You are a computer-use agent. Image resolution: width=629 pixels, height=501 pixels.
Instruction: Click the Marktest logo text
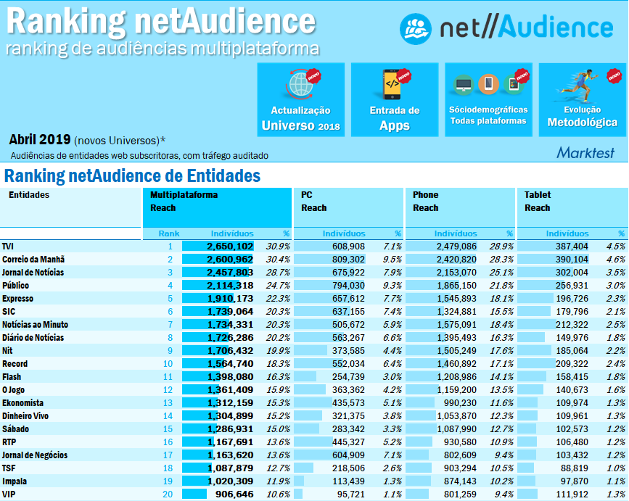[x=585, y=152]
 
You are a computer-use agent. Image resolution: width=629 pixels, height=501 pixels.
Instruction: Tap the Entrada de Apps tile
[x=395, y=99]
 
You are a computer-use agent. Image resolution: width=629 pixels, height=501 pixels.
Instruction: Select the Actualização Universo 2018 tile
[x=300, y=99]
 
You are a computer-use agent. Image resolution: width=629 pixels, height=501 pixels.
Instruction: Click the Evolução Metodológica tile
[x=582, y=99]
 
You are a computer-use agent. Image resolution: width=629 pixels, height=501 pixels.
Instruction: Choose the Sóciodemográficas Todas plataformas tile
[x=488, y=99]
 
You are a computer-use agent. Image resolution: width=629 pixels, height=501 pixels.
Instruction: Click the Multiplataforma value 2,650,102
[x=230, y=247]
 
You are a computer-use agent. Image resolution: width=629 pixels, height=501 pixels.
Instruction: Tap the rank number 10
[x=168, y=364]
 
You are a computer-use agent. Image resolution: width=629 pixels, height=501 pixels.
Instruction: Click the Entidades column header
[x=29, y=195]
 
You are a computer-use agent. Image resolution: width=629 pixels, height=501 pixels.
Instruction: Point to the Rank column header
[x=169, y=233]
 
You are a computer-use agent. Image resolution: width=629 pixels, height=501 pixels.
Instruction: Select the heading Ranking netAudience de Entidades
[x=132, y=176]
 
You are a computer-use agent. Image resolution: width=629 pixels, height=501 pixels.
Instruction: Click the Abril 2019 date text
[x=40, y=139]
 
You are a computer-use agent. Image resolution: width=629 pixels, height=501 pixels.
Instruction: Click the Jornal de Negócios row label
[x=35, y=455]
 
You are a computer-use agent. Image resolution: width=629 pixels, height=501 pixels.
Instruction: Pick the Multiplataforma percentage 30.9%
[x=278, y=247]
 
